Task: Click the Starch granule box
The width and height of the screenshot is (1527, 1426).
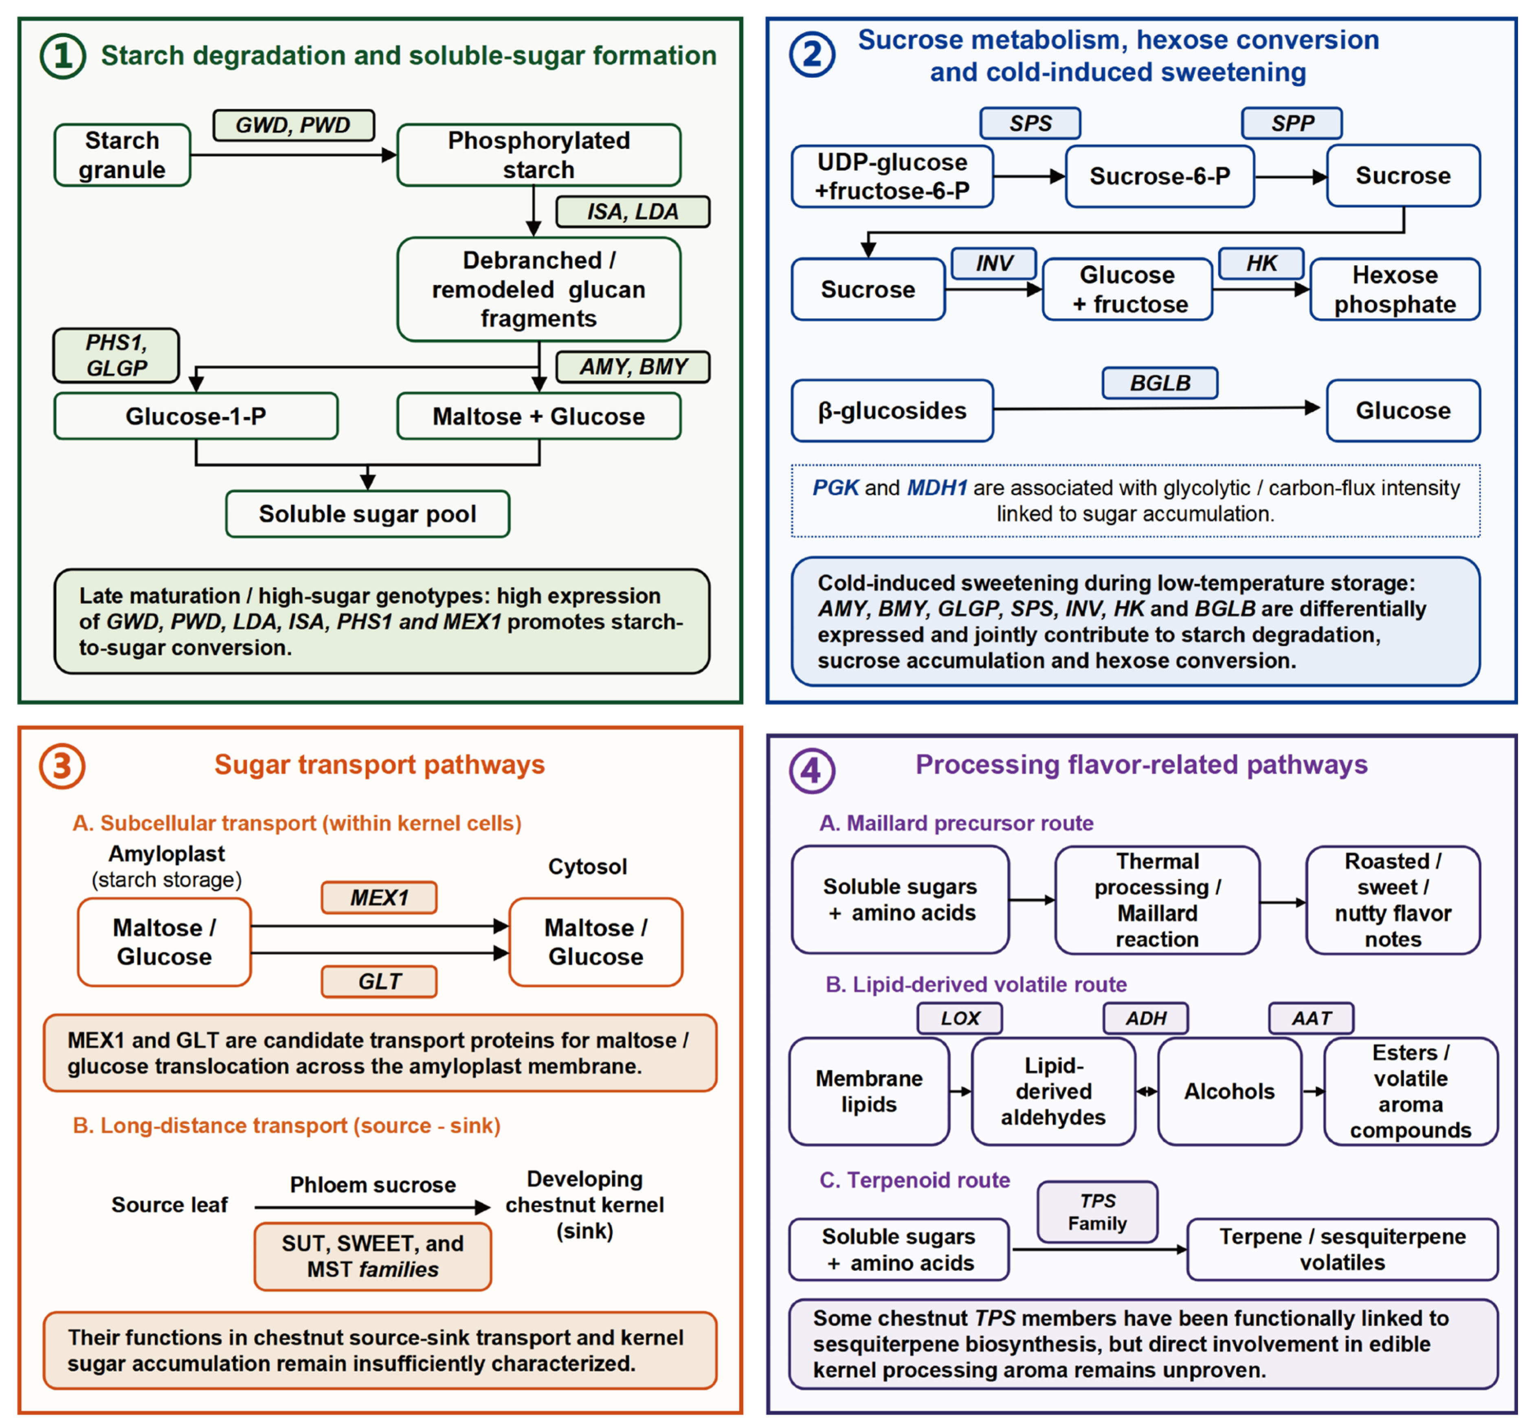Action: pos(122,155)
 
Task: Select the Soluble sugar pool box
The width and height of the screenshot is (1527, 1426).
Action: pos(368,514)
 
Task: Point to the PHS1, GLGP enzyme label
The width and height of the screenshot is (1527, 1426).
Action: pos(116,355)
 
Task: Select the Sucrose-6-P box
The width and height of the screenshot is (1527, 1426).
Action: pos(1160,176)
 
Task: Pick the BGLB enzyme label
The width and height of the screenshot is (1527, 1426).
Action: pos(1160,383)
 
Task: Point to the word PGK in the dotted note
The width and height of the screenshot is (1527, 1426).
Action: pos(836,487)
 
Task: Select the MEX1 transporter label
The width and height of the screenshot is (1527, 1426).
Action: pos(380,898)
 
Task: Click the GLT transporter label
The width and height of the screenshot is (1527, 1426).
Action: pos(380,981)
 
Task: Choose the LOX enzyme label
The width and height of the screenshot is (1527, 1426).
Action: pos(960,1018)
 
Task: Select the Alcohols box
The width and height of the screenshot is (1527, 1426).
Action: pos(1230,1091)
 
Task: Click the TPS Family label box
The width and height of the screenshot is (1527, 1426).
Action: pos(1098,1212)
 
